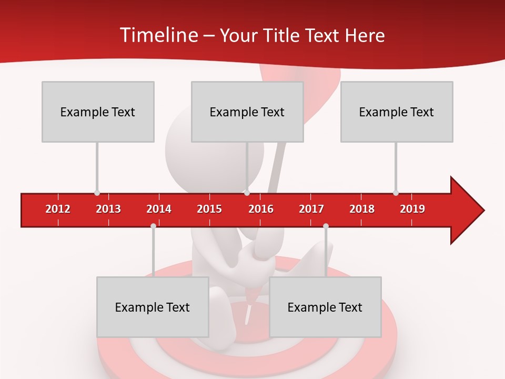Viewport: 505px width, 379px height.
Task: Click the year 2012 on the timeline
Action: pyautogui.click(x=58, y=209)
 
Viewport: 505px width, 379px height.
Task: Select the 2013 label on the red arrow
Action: pyautogui.click(x=108, y=209)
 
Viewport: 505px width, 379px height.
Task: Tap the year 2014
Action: pyautogui.click(x=159, y=209)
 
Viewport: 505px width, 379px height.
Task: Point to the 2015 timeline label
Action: pyautogui.click(x=209, y=209)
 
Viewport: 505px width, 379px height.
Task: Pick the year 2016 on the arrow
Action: pyautogui.click(x=261, y=209)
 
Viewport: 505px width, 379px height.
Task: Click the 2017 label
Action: pyautogui.click(x=311, y=209)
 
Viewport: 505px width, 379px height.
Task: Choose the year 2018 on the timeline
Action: pyautogui.click(x=362, y=209)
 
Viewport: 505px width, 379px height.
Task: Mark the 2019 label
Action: pyautogui.click(x=412, y=209)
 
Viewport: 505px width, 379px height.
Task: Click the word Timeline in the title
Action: pyautogui.click(x=158, y=35)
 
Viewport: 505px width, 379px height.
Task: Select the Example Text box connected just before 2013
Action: pyautogui.click(x=98, y=112)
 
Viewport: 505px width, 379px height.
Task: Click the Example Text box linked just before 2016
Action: pyautogui.click(x=247, y=112)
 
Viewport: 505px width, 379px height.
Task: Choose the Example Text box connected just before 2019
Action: pyautogui.click(x=397, y=112)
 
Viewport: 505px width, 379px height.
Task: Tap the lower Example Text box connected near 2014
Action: pyautogui.click(x=153, y=307)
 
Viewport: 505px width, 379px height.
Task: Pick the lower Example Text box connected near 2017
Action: pyautogui.click(x=325, y=307)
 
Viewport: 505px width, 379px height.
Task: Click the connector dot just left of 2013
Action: pyautogui.click(x=97, y=193)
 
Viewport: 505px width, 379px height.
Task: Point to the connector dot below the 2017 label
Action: pyautogui.click(x=326, y=226)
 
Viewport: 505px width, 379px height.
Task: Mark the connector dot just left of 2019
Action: pyautogui.click(x=396, y=193)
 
